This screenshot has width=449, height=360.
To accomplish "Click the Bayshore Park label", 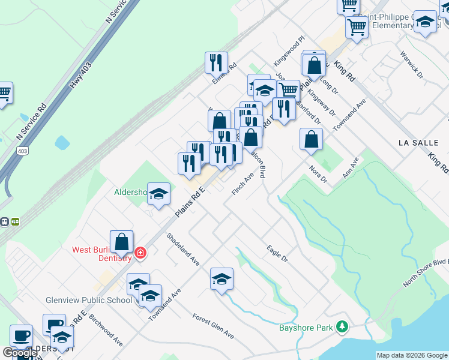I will [x=305, y=328].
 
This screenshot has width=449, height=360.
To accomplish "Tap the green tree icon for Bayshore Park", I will [x=342, y=326].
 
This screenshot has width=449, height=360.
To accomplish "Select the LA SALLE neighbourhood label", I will [x=419, y=143].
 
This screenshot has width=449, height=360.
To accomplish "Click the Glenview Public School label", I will [x=88, y=300].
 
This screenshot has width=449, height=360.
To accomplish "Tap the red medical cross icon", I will [x=140, y=253].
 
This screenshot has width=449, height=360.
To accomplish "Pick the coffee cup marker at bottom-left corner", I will [x=21, y=336].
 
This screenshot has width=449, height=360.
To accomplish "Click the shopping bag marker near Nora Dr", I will [x=312, y=139].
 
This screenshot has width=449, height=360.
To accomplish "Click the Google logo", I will [x=20, y=353].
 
